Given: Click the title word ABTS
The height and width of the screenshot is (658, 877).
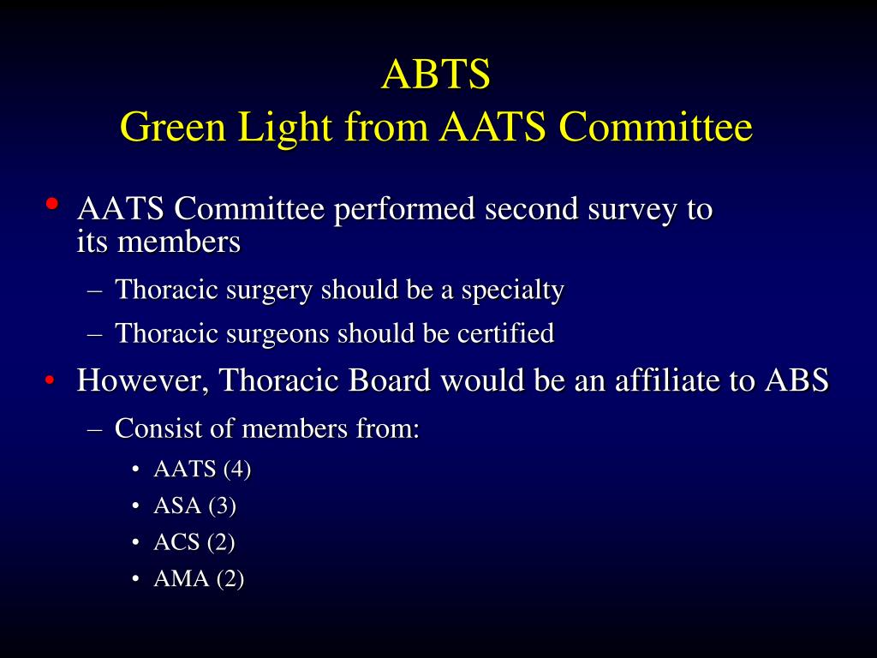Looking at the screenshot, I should click(436, 75).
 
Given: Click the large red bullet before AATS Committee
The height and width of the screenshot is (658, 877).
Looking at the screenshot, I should click(52, 204).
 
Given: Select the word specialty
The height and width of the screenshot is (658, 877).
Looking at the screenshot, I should click(512, 290).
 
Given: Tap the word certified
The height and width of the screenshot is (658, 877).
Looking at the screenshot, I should click(505, 333).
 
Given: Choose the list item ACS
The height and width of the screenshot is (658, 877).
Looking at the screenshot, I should click(176, 542).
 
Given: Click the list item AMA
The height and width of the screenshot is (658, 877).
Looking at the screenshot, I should click(181, 579).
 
